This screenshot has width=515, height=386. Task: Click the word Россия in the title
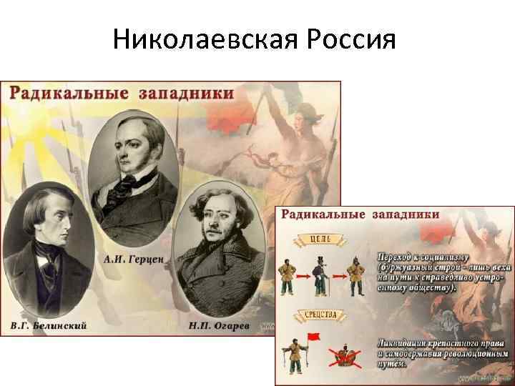(x=350, y=39)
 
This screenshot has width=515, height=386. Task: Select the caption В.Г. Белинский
(x=49, y=326)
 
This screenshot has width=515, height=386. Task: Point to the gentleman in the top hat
(x=320, y=272)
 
